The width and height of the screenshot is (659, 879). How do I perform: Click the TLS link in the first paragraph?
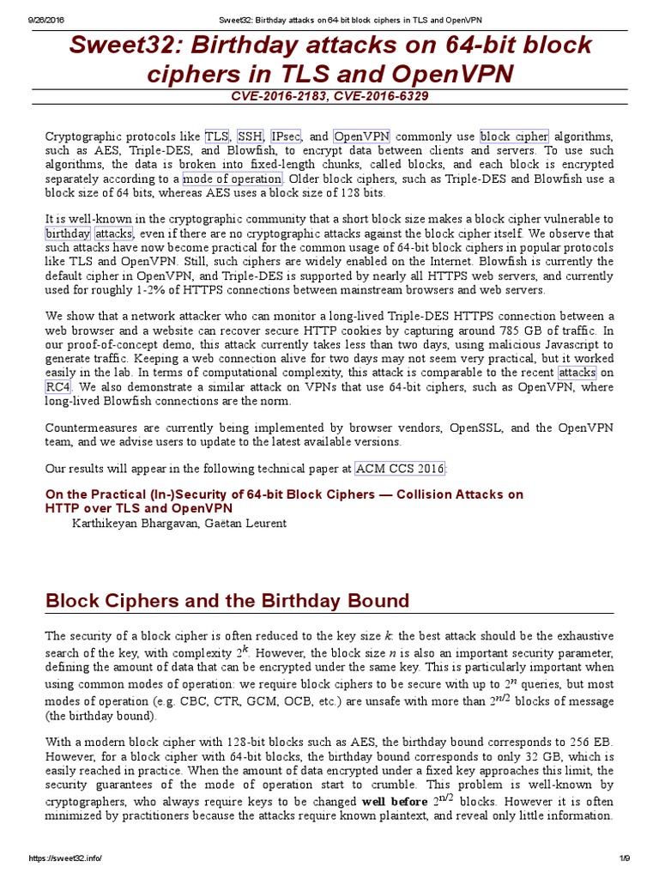coord(216,136)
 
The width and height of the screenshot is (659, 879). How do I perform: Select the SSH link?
coord(251,136)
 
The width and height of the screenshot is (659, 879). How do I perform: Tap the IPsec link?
coord(286,136)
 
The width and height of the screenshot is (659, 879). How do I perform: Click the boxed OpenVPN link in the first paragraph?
coord(361,136)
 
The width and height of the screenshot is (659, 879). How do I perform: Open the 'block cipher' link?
coord(513,136)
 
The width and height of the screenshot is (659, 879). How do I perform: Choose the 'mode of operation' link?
coord(232,179)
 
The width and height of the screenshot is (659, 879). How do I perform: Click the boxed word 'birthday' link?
coord(68,233)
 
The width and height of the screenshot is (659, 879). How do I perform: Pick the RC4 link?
coord(57,386)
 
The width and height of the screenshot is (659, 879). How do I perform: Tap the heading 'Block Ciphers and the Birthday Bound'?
coord(227,600)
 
